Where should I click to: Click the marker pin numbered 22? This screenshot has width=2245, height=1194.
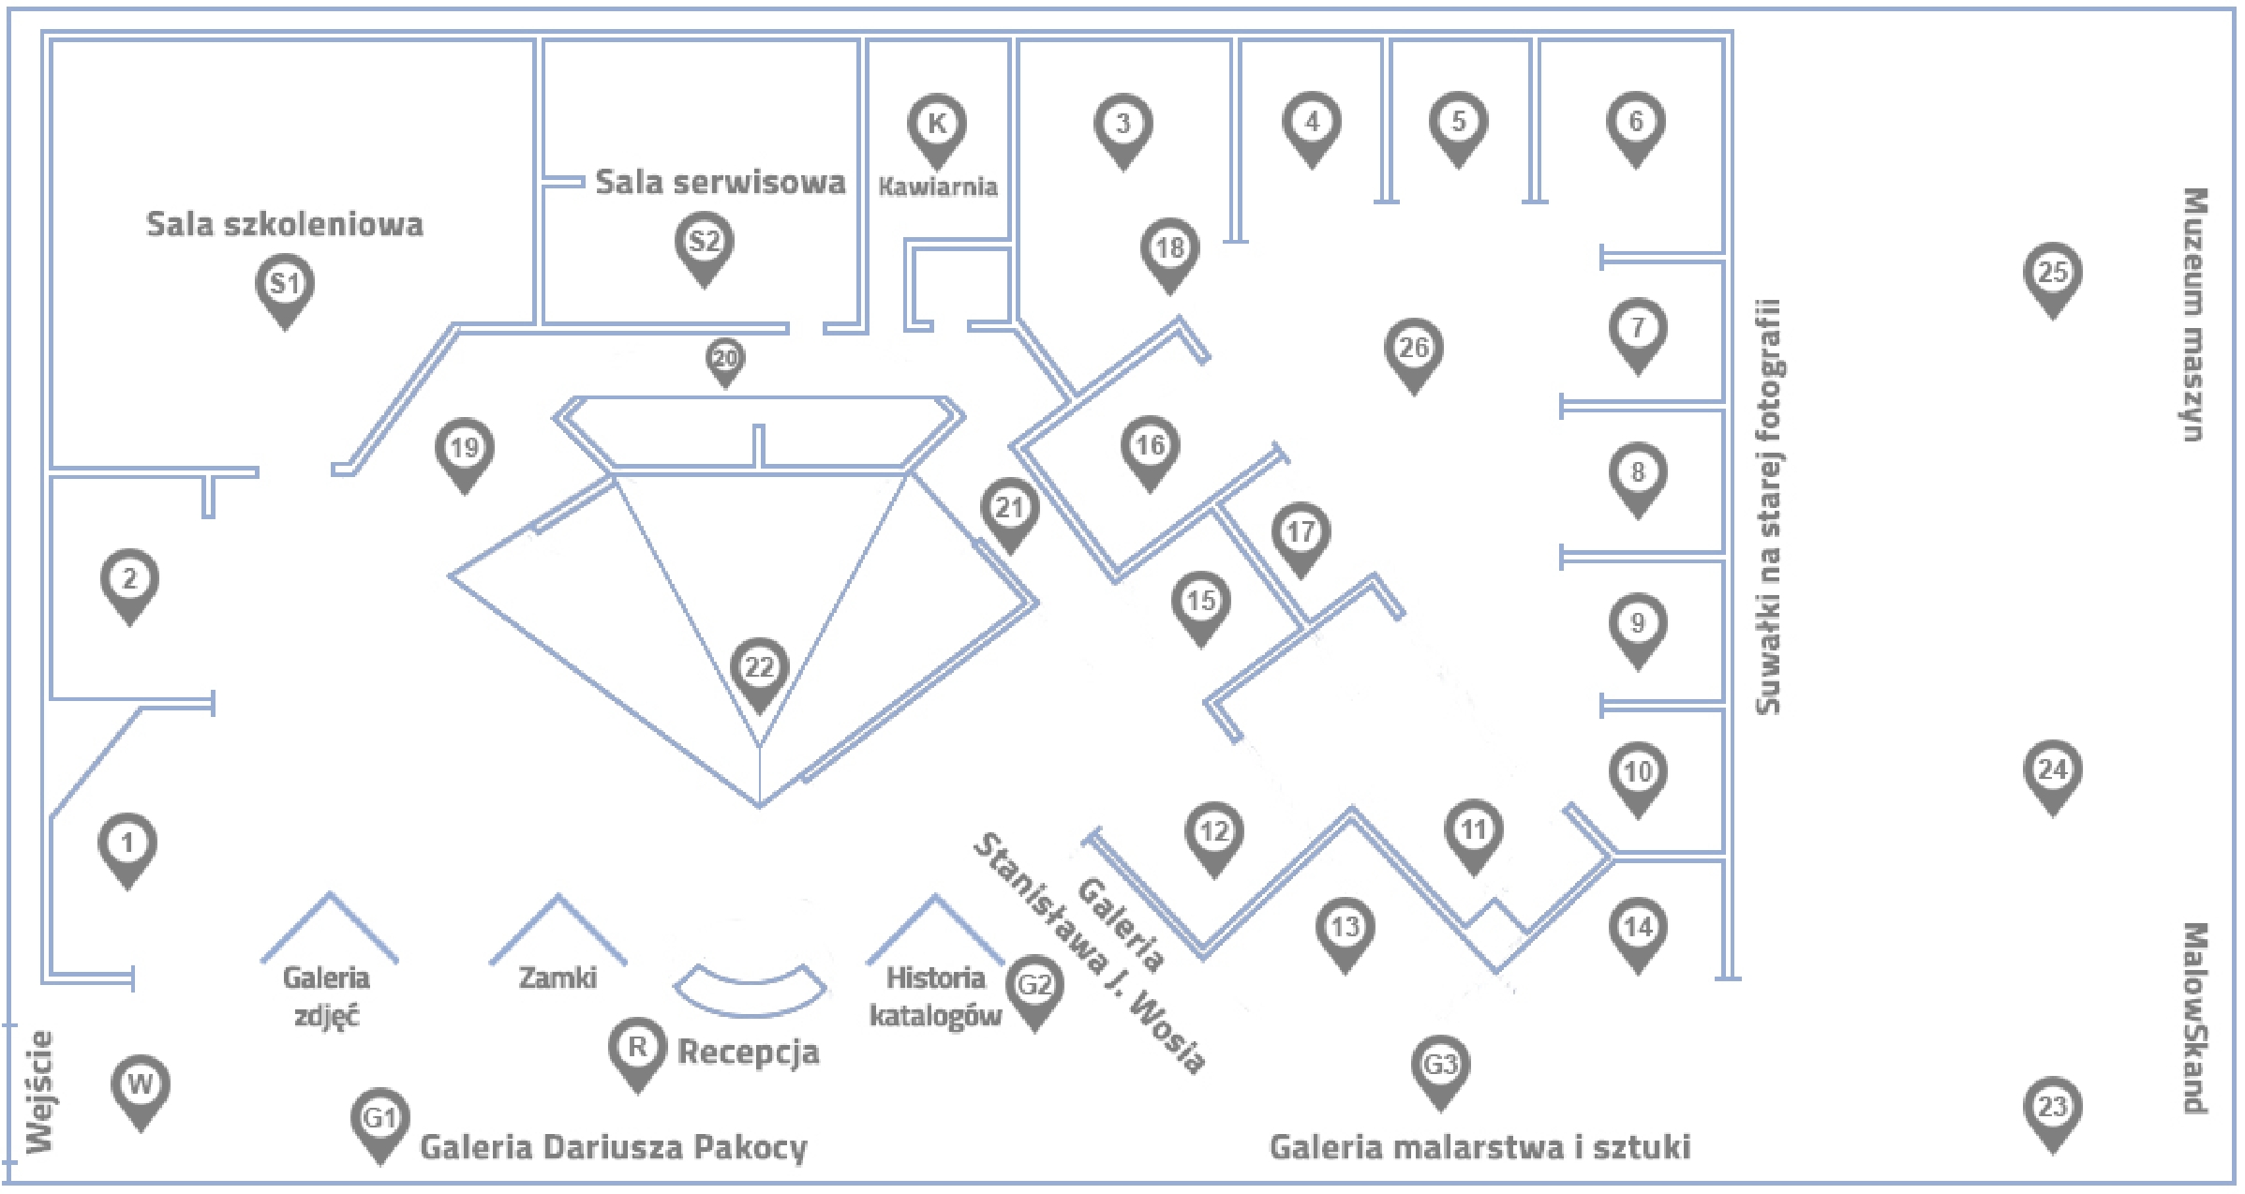(759, 669)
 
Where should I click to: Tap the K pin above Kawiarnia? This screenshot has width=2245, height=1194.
(936, 125)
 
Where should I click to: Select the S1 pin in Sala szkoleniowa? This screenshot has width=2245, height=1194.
(285, 285)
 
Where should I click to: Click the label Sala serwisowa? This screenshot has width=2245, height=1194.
(720, 182)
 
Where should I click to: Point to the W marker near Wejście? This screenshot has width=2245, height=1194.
(140, 1086)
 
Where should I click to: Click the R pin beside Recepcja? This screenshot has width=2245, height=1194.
(637, 1049)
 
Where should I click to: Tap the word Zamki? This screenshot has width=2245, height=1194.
(558, 978)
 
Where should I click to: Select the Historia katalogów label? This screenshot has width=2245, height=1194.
(935, 996)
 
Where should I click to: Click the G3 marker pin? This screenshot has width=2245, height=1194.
(1440, 1066)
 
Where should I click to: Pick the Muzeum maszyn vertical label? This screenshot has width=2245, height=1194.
(2193, 314)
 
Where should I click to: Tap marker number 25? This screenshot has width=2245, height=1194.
(2052, 274)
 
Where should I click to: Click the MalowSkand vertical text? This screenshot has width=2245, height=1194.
(2193, 1018)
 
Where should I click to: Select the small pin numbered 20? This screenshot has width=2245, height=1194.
(725, 359)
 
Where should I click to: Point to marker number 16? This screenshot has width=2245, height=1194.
(1150, 446)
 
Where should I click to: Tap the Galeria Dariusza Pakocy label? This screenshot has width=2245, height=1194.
(613, 1147)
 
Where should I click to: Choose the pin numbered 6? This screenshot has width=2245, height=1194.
(1635, 123)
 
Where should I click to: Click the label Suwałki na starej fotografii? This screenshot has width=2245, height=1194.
(1767, 506)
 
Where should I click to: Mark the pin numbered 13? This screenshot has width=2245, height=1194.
(1345, 929)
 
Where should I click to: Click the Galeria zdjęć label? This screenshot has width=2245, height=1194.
(326, 996)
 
